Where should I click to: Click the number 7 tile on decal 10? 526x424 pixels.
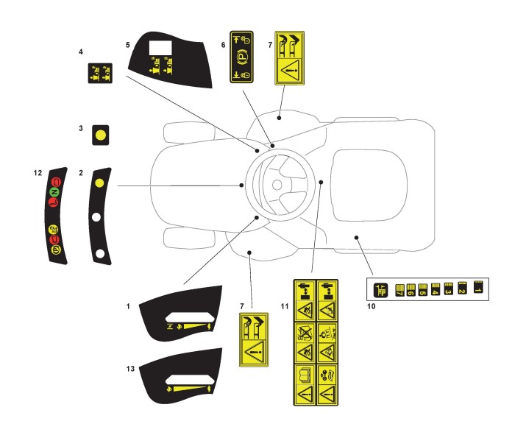click(401, 291)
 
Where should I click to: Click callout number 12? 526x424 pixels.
click(38, 173)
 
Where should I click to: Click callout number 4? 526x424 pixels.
click(82, 52)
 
